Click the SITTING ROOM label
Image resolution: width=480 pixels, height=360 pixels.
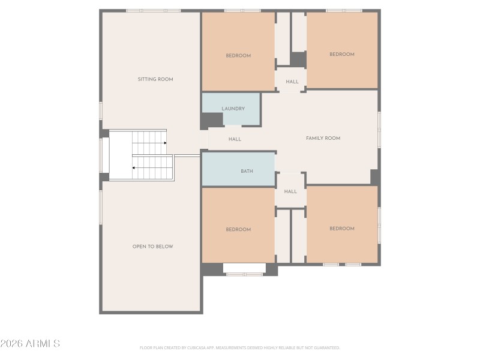tap(155, 79)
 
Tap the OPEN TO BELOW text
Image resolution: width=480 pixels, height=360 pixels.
tap(152, 247)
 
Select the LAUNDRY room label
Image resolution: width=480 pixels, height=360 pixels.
tap(233, 109)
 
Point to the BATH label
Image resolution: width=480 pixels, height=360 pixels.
tap(247, 171)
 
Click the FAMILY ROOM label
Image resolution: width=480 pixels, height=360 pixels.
tap(323, 138)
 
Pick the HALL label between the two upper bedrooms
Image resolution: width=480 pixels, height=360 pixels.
tap(292, 82)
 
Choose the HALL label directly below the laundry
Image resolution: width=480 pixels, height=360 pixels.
tap(235, 139)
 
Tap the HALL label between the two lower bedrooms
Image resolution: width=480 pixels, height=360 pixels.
tap(290, 192)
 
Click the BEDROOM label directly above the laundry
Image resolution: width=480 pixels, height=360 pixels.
tap(238, 56)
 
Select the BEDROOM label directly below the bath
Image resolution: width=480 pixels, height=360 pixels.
tap(238, 230)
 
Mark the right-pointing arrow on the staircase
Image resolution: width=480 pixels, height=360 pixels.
tap(164, 143)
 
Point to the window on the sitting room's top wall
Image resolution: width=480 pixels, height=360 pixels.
tap(153, 11)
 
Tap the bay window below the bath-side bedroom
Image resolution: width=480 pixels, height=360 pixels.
tap(244, 274)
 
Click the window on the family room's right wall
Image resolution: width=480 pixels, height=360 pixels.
tap(379, 130)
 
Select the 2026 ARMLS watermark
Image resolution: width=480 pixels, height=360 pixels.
tap(30, 344)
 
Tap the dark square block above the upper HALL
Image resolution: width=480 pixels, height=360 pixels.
tap(298, 59)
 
